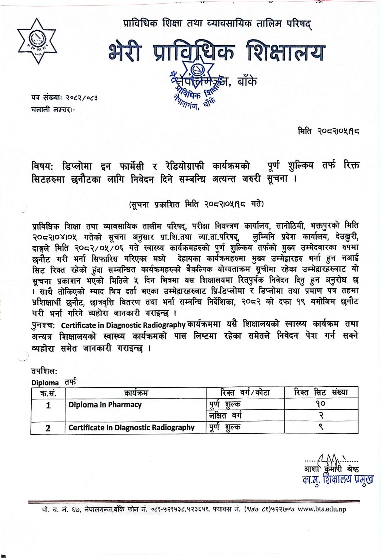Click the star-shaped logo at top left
coord(37,41)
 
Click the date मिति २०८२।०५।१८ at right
coord(328,132)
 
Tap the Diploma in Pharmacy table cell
coord(105,405)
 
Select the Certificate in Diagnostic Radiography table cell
coord(131,427)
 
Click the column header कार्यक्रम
coord(136,393)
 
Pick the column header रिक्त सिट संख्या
coord(321,392)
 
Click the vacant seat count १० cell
coord(321,404)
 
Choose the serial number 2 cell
coord(48,428)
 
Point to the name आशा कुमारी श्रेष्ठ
coord(331,469)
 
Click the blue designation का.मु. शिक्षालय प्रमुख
coord(338,480)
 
